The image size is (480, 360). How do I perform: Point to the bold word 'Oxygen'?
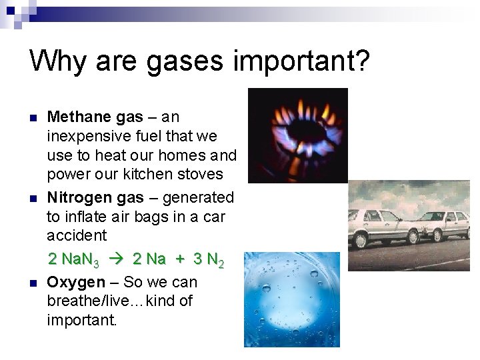point(76,282)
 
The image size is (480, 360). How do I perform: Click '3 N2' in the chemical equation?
point(209,259)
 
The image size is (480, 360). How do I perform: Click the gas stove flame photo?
point(297,135)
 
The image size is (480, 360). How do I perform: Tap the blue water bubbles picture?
point(291,300)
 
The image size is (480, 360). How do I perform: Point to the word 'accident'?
point(77,235)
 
